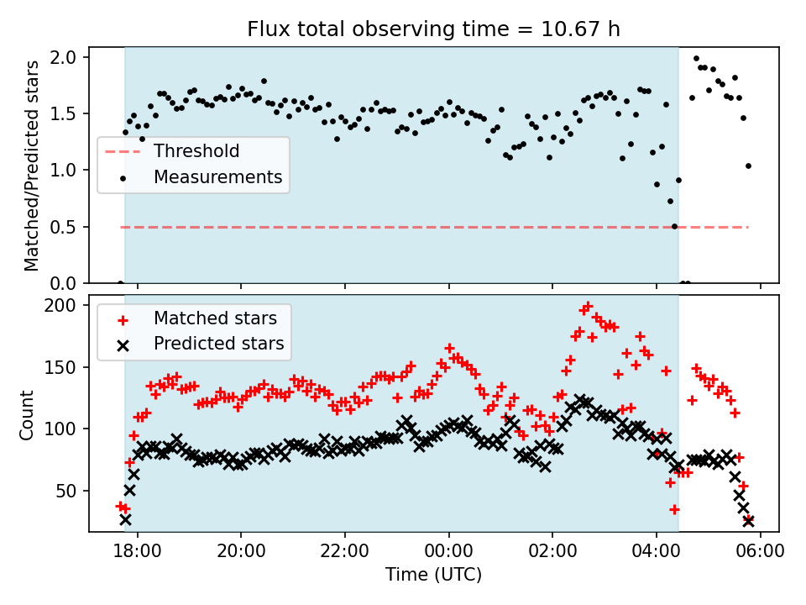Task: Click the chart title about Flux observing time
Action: pyautogui.click(x=433, y=29)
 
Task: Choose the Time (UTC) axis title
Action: pyautogui.click(x=433, y=576)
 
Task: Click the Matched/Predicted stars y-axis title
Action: pyautogui.click(x=32, y=166)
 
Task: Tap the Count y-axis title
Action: pyautogui.click(x=27, y=414)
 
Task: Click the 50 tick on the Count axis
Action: pyautogui.click(x=71, y=491)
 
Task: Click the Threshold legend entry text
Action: pyautogui.click(x=196, y=151)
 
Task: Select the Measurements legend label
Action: pyautogui.click(x=217, y=177)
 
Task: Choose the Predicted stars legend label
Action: pyautogui.click(x=218, y=344)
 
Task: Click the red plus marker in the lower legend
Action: pyautogui.click(x=123, y=318)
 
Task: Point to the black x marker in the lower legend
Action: pyautogui.click(x=123, y=344)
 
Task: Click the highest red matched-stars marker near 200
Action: pyautogui.click(x=588, y=307)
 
